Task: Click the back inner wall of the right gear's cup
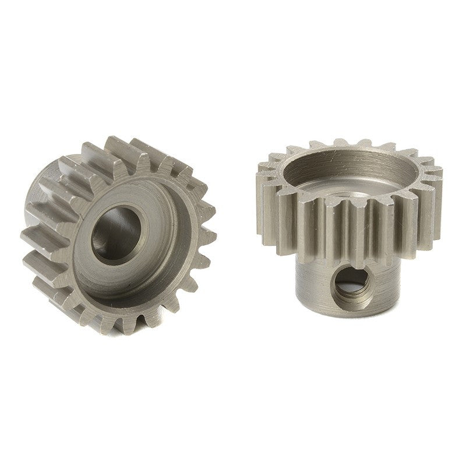tap(349, 160)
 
